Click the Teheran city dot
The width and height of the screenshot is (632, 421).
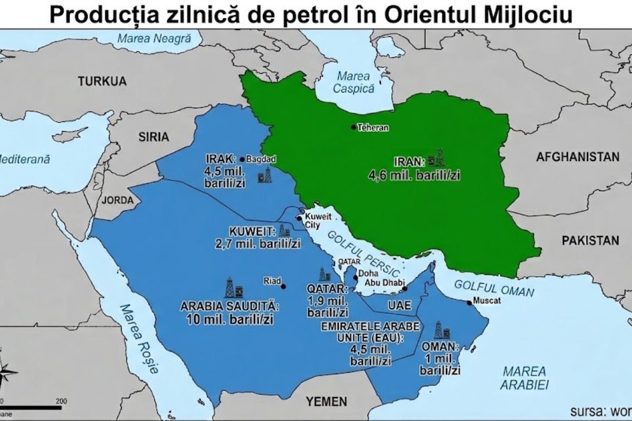(x=354, y=127)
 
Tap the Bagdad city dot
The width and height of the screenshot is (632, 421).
(x=242, y=159)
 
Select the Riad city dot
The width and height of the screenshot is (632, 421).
(x=284, y=286)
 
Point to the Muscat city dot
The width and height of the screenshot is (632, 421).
(x=469, y=303)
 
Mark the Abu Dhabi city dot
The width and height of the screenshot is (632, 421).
(x=405, y=288)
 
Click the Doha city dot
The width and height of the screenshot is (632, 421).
(x=355, y=277)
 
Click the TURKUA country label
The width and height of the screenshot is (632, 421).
(x=103, y=81)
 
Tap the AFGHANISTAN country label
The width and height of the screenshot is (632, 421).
(x=578, y=156)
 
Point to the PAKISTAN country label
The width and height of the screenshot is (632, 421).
(x=590, y=240)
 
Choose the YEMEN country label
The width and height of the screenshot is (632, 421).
(x=327, y=402)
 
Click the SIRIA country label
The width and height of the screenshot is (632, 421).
(x=153, y=137)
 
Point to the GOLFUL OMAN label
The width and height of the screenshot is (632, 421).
(x=493, y=288)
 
